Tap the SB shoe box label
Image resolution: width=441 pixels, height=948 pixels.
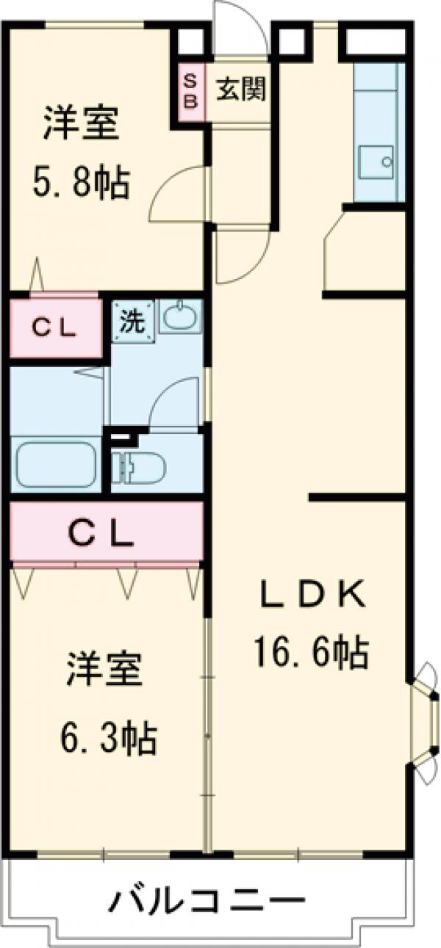[x=190, y=90]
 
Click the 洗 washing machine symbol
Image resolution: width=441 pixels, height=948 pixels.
[x=132, y=321]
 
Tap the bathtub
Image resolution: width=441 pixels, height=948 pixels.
[x=56, y=464]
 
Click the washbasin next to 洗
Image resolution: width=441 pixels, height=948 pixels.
[x=179, y=317]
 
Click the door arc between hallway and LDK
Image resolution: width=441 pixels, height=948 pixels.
[x=239, y=257]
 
